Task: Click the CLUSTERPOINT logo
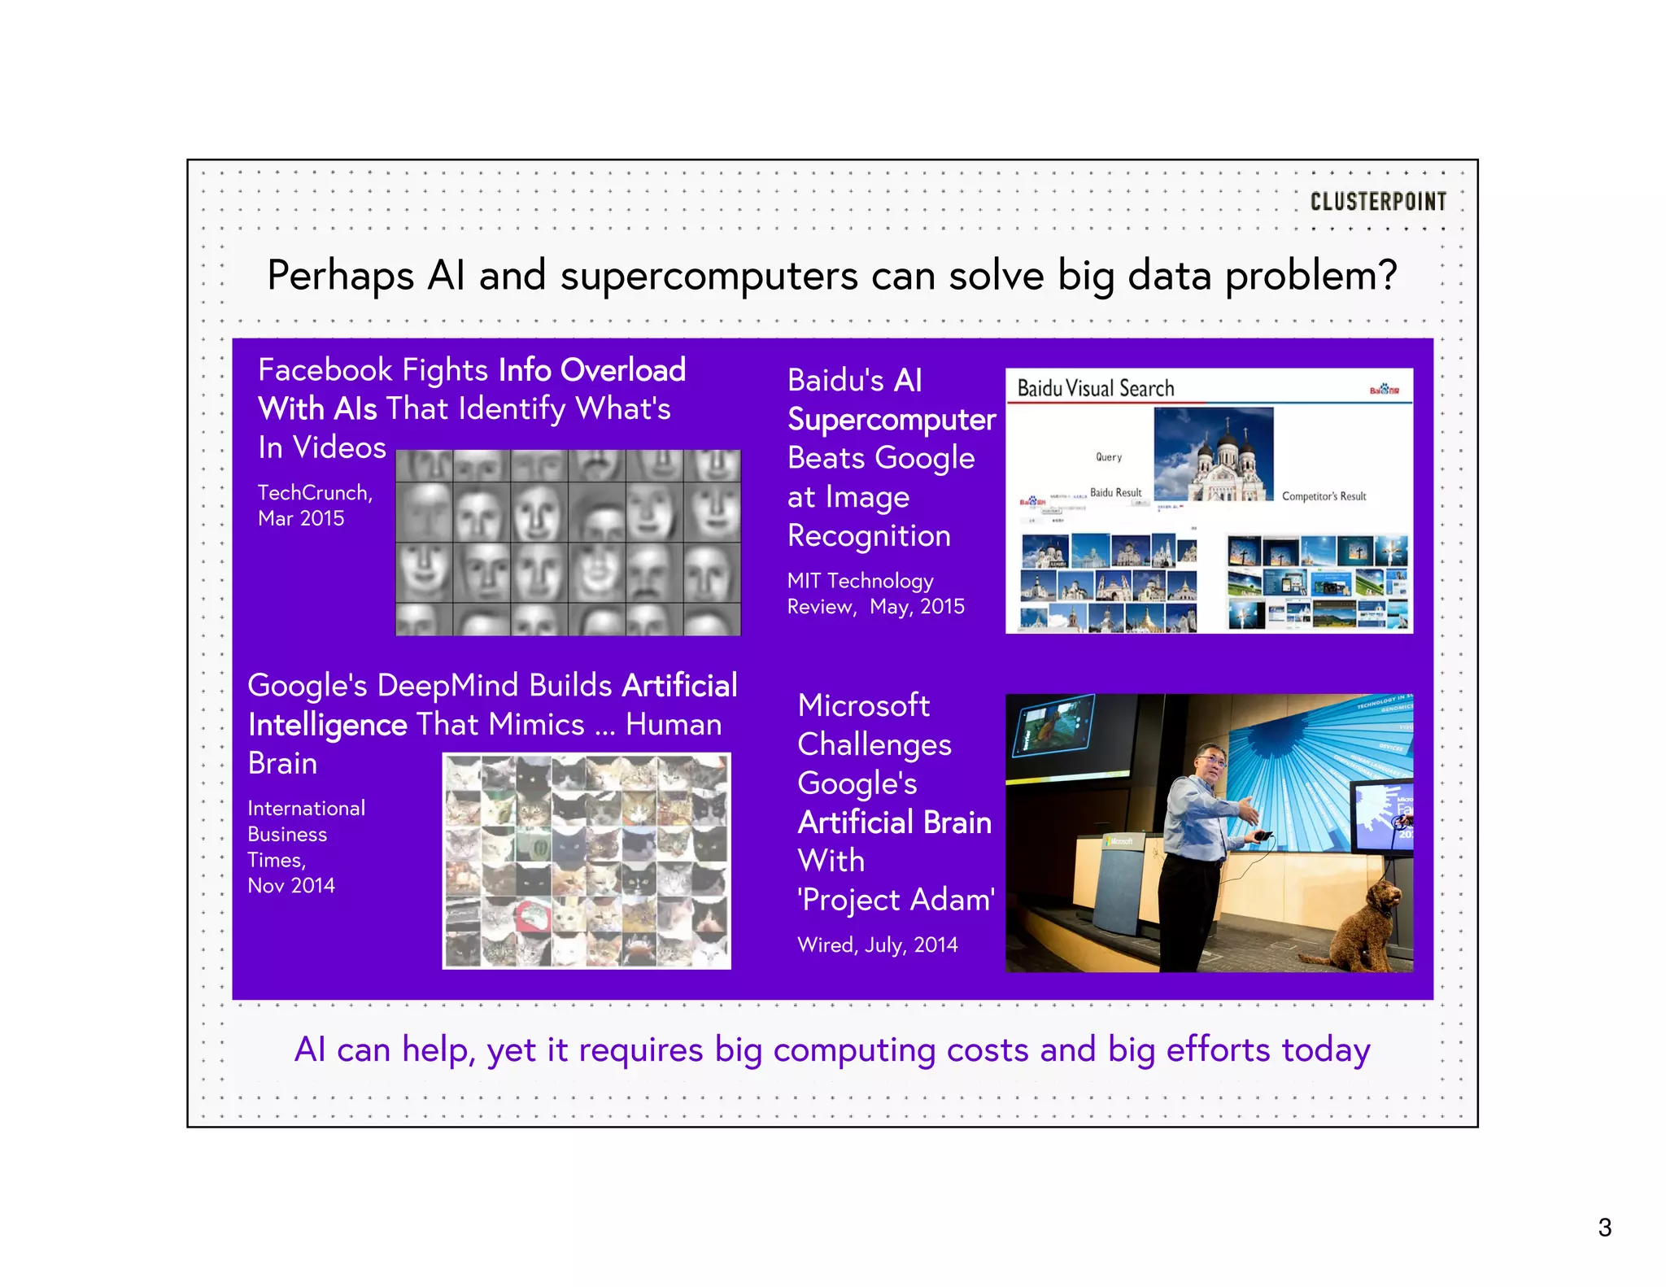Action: pyautogui.click(x=1377, y=201)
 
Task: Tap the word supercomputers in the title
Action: pyautogui.click(x=709, y=277)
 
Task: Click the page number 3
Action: pyautogui.click(x=1604, y=1227)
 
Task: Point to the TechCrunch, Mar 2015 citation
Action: pyautogui.click(x=314, y=505)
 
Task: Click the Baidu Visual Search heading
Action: pyautogui.click(x=1095, y=389)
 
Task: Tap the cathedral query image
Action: pyautogui.click(x=1213, y=454)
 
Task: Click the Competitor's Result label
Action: pyautogui.click(x=1324, y=496)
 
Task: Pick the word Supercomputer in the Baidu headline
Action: pyautogui.click(x=891, y=420)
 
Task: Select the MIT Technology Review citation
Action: pyautogui.click(x=874, y=593)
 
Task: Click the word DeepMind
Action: pyautogui.click(x=450, y=686)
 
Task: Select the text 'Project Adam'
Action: pyautogui.click(x=896, y=900)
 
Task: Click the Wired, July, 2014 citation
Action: pyautogui.click(x=877, y=945)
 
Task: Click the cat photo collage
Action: pyautogui.click(x=586, y=861)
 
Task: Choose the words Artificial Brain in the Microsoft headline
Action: pyautogui.click(x=894, y=822)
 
